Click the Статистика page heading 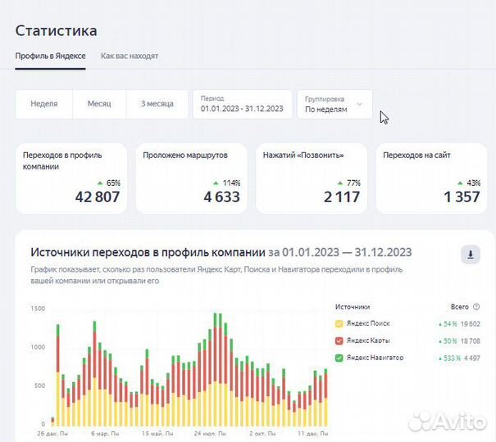pyautogui.click(x=56, y=30)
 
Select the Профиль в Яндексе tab pyautogui.click(x=50, y=56)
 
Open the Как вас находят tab pyautogui.click(x=130, y=56)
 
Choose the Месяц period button pyautogui.click(x=99, y=104)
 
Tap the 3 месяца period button pyautogui.click(x=157, y=104)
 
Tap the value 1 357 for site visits pyautogui.click(x=462, y=196)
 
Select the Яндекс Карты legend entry pyautogui.click(x=367, y=340)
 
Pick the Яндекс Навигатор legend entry pyautogui.click(x=374, y=358)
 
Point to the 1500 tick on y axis pyautogui.click(x=38, y=309)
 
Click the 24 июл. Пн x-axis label pyautogui.click(x=208, y=433)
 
